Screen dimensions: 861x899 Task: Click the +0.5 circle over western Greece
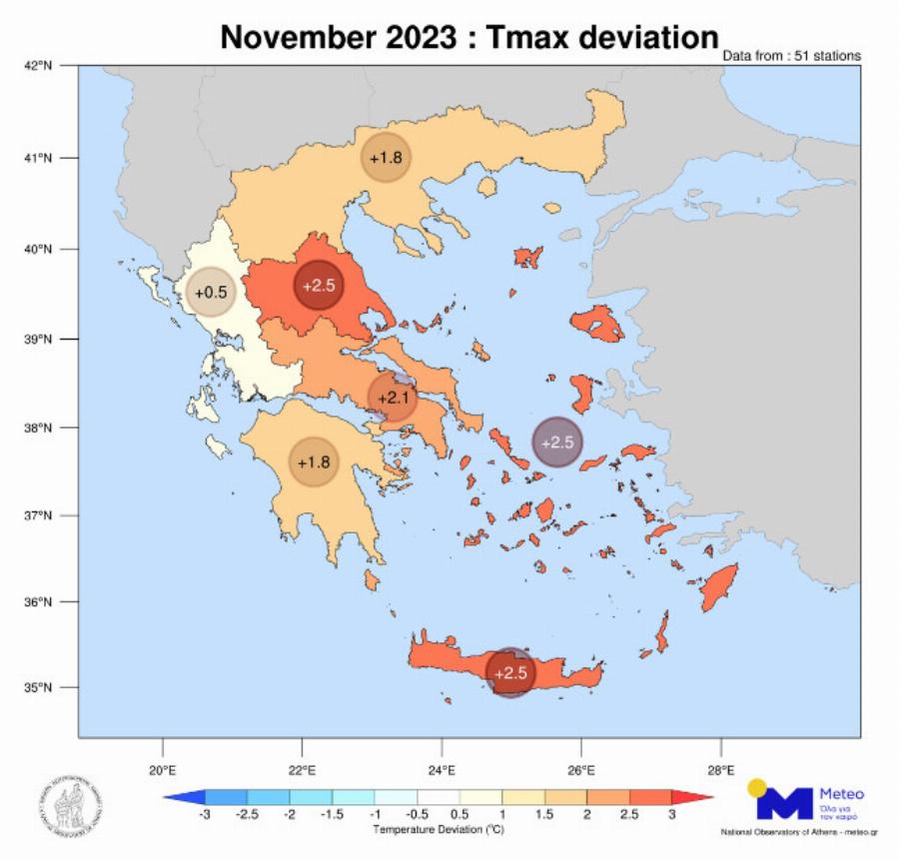click(212, 293)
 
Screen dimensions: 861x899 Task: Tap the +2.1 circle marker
click(394, 399)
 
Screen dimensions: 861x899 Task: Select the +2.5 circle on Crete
click(510, 672)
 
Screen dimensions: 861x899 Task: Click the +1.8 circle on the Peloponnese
click(315, 462)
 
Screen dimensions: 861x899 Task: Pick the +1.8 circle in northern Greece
click(386, 158)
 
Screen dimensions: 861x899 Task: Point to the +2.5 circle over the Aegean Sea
click(557, 441)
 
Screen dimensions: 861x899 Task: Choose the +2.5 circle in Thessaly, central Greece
click(321, 286)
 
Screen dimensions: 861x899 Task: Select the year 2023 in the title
click(421, 38)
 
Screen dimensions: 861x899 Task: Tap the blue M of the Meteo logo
click(784, 804)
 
